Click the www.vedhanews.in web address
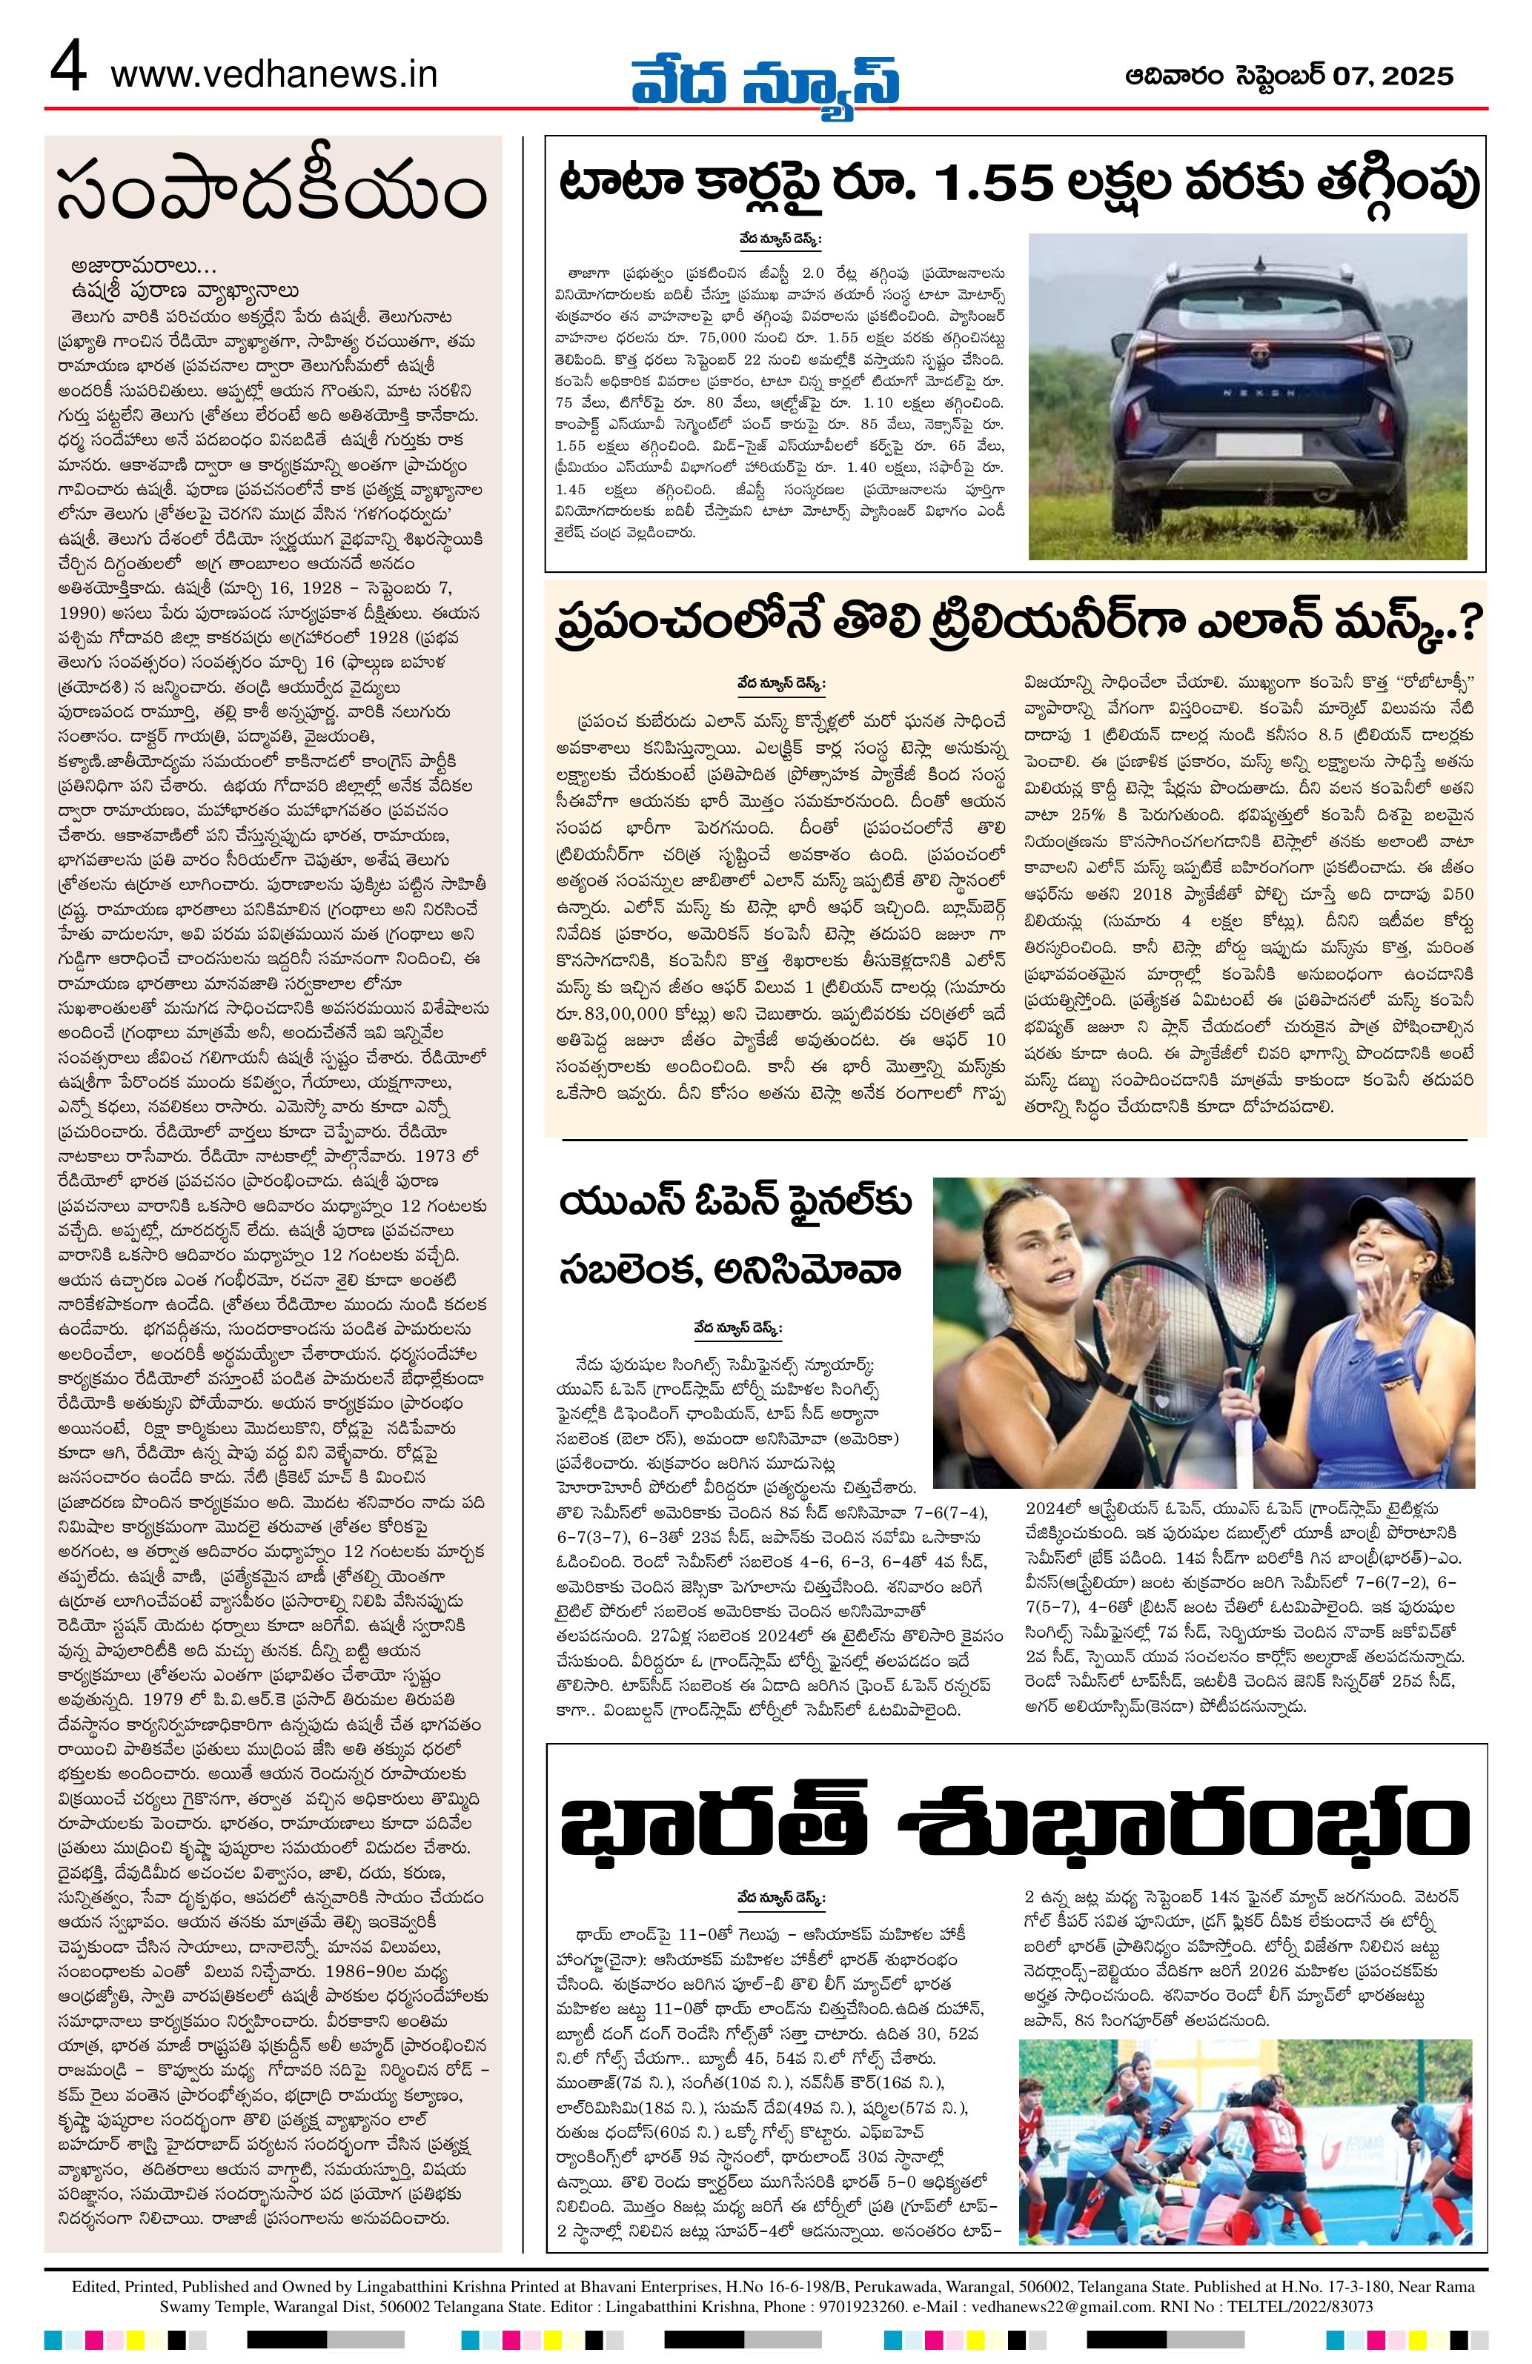(274, 75)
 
